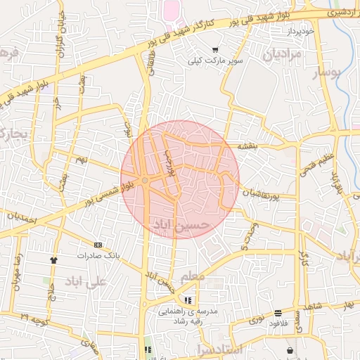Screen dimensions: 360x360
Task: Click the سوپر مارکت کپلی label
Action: tap(215, 61)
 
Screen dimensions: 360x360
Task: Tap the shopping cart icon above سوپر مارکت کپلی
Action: tap(215, 50)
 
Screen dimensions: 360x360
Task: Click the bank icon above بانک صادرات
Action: tap(98, 245)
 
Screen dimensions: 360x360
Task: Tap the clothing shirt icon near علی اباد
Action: tap(53, 259)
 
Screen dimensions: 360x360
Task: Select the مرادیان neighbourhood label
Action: tap(282, 54)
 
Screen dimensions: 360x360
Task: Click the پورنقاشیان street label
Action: tap(266, 192)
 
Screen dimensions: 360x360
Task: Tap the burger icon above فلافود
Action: tap(279, 313)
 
